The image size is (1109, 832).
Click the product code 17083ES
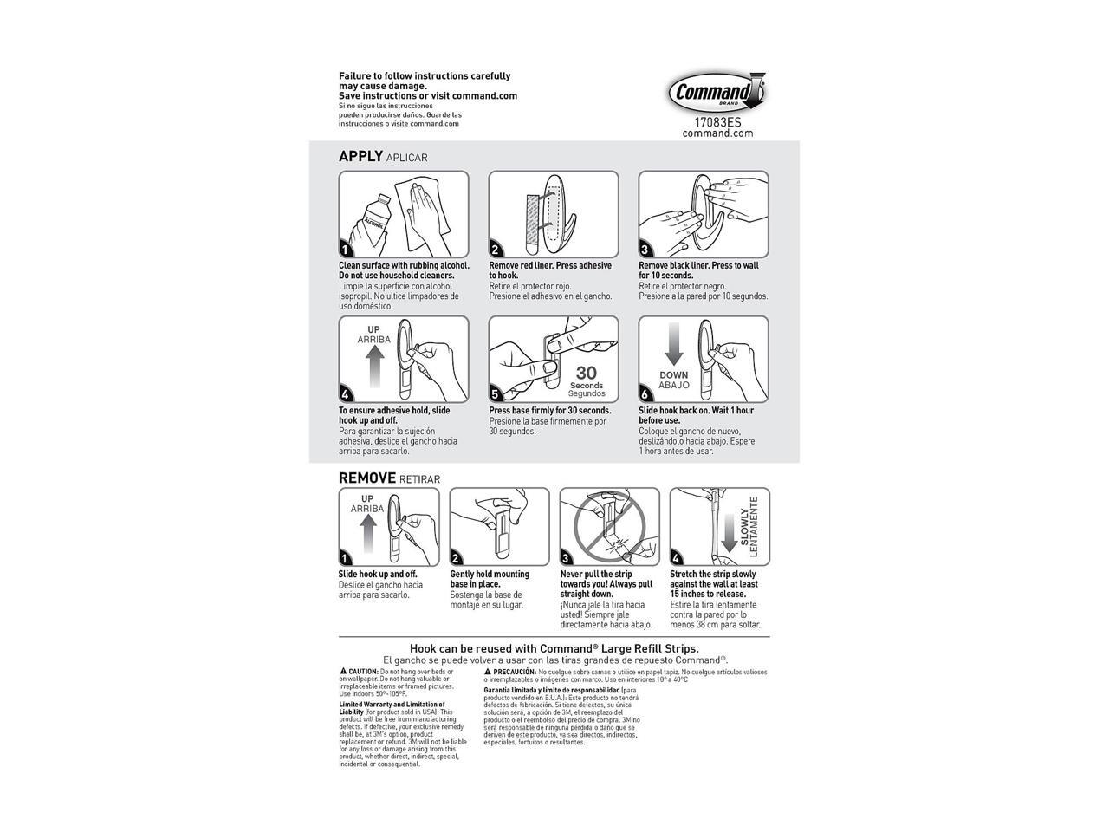(x=717, y=122)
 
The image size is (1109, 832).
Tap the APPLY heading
(x=360, y=156)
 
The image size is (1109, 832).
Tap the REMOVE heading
(x=366, y=478)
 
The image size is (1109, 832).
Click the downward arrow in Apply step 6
(x=674, y=346)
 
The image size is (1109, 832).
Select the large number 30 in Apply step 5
(x=587, y=374)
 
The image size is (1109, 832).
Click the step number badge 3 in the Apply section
(x=645, y=250)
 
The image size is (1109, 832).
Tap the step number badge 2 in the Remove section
(x=457, y=558)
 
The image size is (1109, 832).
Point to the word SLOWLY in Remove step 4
(x=744, y=526)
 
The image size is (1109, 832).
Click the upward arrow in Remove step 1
(x=367, y=533)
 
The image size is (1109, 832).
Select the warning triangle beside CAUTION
(x=343, y=672)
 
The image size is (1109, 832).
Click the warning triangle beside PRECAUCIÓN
(x=488, y=672)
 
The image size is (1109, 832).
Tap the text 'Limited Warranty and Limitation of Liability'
(x=391, y=708)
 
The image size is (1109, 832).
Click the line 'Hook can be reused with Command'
(x=554, y=648)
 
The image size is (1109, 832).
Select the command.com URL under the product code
(x=717, y=133)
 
